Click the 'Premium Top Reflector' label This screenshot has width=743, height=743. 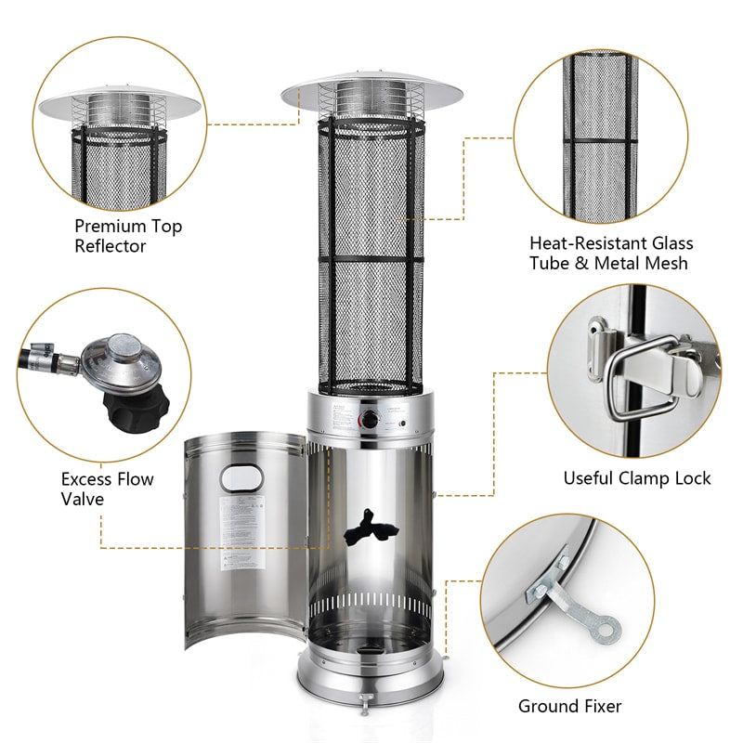pyautogui.click(x=128, y=236)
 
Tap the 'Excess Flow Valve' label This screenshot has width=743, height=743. pyautogui.click(x=108, y=489)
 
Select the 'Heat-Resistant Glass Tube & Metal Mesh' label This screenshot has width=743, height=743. pyautogui.click(x=610, y=254)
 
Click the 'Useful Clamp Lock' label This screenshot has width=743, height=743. pyautogui.click(x=636, y=478)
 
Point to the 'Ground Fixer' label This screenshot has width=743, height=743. pyautogui.click(x=569, y=706)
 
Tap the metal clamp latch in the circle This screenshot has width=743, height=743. pyautogui.click(x=641, y=371)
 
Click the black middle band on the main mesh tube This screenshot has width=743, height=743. pyautogui.click(x=371, y=258)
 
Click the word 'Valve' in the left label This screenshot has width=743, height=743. pyautogui.click(x=83, y=500)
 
